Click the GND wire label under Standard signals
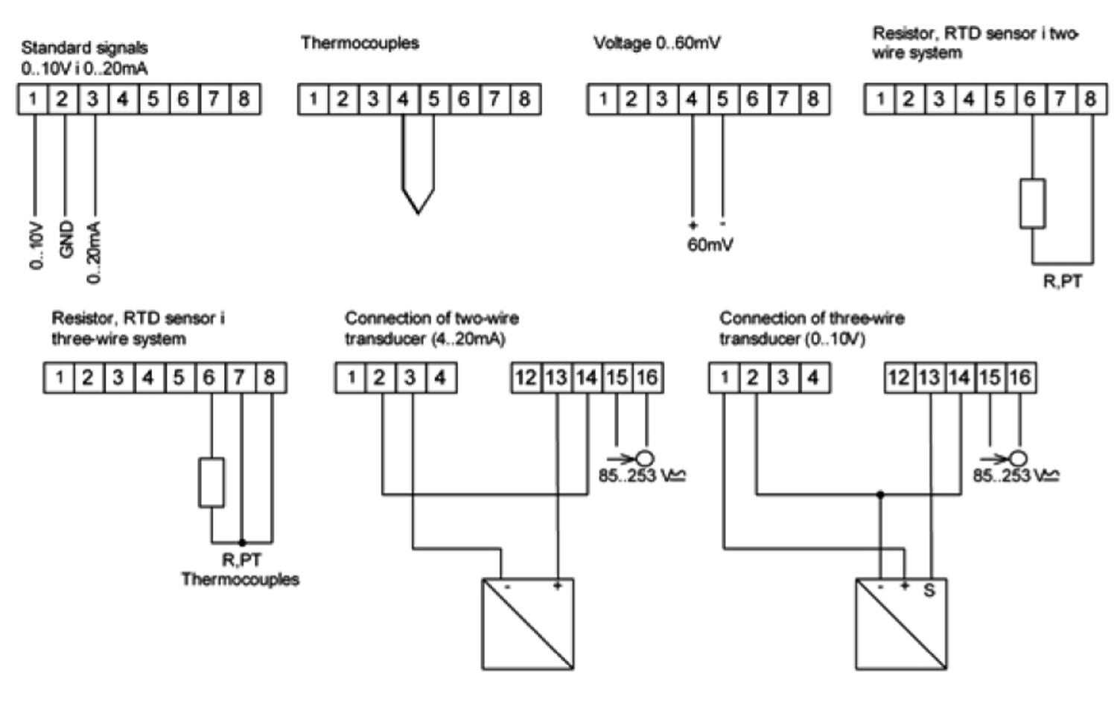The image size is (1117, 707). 66,240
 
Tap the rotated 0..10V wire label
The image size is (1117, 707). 36,246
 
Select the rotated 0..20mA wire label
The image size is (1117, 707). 94,252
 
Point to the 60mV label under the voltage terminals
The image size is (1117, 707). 710,244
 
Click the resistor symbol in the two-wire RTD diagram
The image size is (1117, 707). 1032,203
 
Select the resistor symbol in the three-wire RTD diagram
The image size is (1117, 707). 211,483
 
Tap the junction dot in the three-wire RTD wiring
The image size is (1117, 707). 242,543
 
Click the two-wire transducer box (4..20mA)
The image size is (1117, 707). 528,624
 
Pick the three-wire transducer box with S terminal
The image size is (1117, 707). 902,624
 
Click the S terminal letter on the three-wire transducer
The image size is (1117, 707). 929,591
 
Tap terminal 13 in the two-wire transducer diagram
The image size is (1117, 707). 556,378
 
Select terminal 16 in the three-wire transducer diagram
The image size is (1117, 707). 1019,378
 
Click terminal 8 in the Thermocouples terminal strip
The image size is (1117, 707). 524,99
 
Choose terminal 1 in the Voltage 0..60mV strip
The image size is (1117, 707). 602,99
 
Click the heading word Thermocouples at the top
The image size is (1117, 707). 360,43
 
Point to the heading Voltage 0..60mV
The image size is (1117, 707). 657,43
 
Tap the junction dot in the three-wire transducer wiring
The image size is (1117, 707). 880,494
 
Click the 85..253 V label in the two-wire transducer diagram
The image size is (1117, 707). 641,476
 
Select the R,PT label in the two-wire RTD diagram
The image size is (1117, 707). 1062,281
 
